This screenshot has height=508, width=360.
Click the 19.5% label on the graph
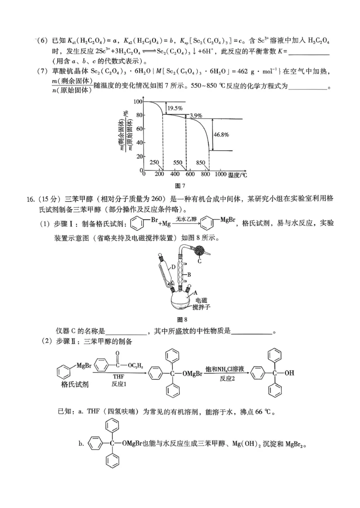tap(175, 108)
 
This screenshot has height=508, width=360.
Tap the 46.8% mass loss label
tap(221, 134)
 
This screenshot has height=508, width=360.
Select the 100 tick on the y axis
tap(137, 102)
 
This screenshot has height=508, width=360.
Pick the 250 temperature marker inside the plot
tap(154, 162)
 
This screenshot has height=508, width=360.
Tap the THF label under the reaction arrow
tap(118, 375)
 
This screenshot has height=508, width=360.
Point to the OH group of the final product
tap(290, 372)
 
